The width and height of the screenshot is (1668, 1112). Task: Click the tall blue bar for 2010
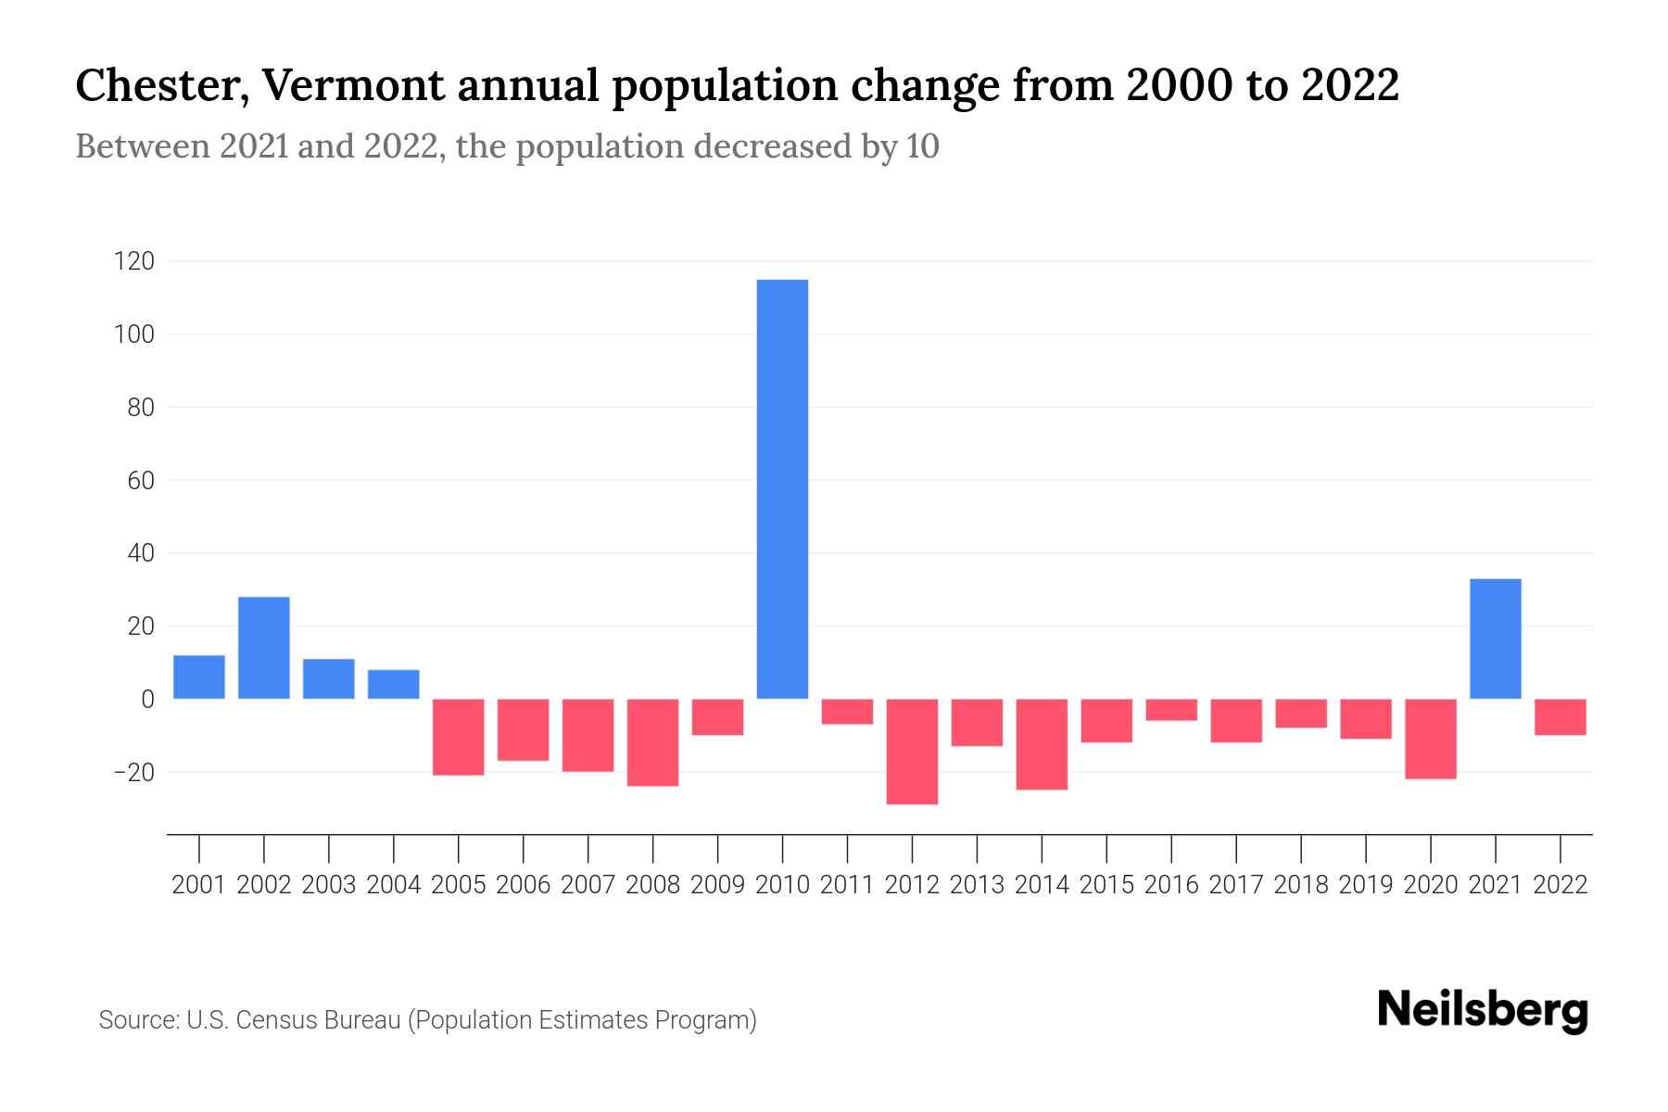coord(782,489)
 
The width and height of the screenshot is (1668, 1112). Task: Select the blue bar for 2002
coord(264,648)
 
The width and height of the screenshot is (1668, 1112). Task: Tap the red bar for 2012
coord(912,752)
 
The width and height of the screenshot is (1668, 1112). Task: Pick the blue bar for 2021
coord(1495,638)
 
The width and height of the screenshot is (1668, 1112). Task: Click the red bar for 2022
coord(1560,717)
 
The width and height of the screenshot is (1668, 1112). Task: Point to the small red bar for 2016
coord(1171,710)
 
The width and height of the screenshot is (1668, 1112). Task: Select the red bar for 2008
coord(652,742)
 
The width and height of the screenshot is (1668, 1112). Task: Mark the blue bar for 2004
coord(394,684)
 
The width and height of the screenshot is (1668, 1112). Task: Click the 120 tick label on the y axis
coord(133,261)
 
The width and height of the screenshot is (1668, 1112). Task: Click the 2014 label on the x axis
coord(1042,885)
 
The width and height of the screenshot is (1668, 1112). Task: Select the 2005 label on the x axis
coord(459,885)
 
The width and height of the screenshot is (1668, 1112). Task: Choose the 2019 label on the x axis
coord(1365,885)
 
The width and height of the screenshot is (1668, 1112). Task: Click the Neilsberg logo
coord(1483,1010)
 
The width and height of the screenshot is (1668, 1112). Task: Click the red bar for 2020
coord(1430,739)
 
